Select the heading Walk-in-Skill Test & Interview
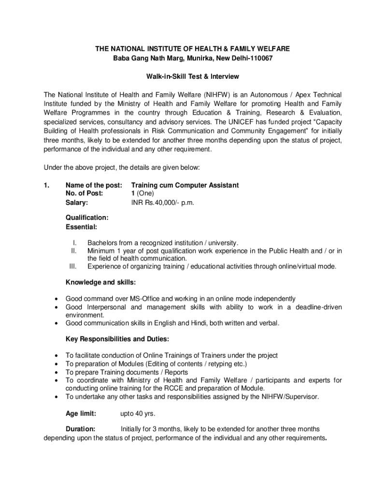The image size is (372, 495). click(x=193, y=76)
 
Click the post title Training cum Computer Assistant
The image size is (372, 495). click(x=185, y=185)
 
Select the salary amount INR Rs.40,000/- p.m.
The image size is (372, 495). click(x=162, y=203)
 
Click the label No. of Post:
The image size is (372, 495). click(x=85, y=194)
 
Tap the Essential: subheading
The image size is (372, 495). click(x=81, y=226)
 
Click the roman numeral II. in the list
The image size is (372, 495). click(x=74, y=250)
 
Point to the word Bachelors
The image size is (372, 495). click(x=104, y=243)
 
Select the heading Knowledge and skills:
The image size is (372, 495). click(x=100, y=282)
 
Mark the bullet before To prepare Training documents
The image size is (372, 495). click(x=58, y=372)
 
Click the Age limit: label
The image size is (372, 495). click(x=81, y=413)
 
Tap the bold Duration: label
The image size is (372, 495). click(x=80, y=429)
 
